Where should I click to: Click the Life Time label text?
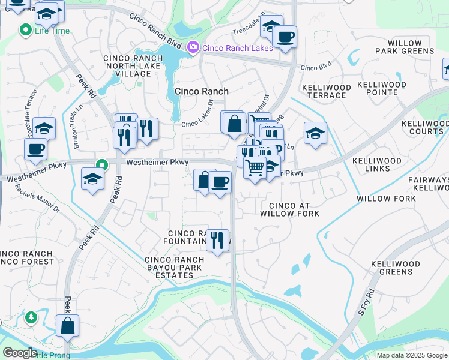pos(52,30)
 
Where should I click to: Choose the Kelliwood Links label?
pos(376,165)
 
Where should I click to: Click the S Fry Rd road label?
pos(366,302)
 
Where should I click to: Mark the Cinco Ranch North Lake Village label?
pos(128,66)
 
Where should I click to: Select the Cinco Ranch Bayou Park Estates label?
pos(174,268)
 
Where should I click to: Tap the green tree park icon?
pos(30,317)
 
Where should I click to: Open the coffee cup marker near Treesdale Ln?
pos(285,37)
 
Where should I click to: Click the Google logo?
pos(19,353)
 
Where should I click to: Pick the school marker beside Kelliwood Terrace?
pos(315,133)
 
